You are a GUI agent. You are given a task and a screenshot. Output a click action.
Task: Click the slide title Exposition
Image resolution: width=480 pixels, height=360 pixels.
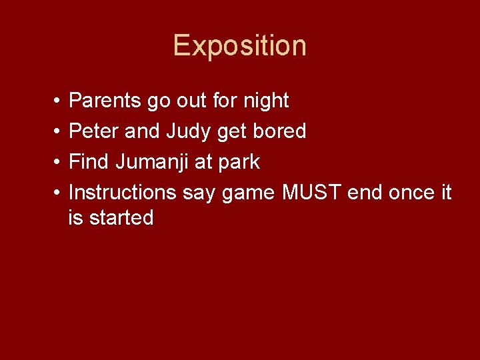click(x=240, y=46)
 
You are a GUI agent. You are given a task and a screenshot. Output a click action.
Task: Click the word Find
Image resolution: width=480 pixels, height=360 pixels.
click(x=90, y=162)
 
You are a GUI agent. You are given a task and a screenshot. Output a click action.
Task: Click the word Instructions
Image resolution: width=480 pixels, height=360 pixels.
click(x=122, y=193)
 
